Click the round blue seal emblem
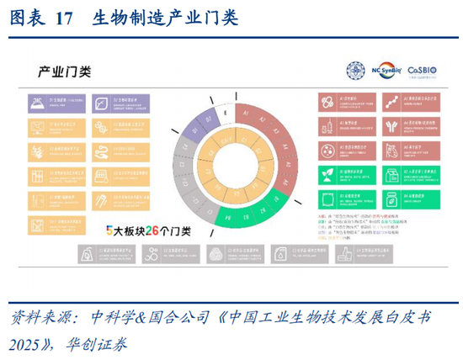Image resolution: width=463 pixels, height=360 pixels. pos(355,71)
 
